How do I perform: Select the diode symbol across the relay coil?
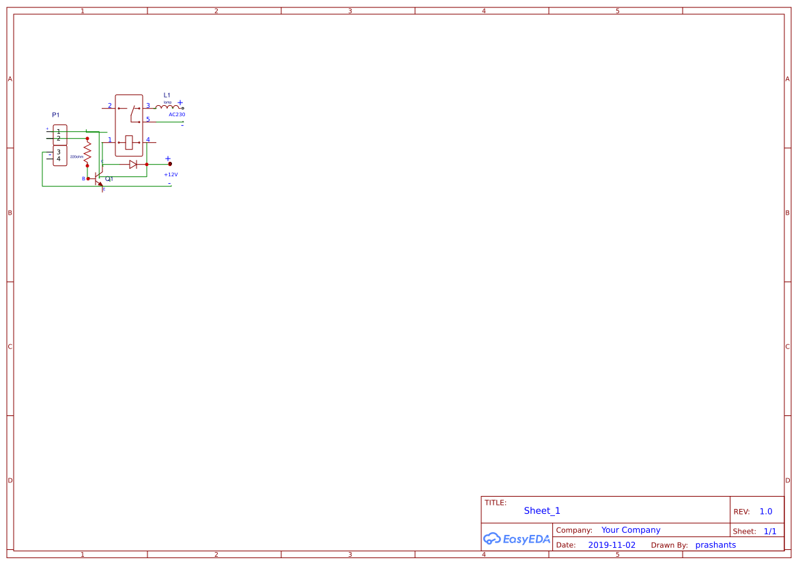pyautogui.click(x=133, y=164)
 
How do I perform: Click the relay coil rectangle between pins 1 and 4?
pyautogui.click(x=129, y=142)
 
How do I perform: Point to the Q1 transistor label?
pyautogui.click(x=109, y=179)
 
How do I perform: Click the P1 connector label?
pyautogui.click(x=56, y=115)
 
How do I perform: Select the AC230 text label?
pyautogui.click(x=177, y=115)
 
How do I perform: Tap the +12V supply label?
pyautogui.click(x=171, y=174)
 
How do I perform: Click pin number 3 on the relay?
pyautogui.click(x=148, y=106)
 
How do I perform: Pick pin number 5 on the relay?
pyautogui.click(x=148, y=120)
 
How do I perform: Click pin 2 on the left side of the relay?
pyautogui.click(x=109, y=106)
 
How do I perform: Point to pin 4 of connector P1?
pyautogui.click(x=59, y=159)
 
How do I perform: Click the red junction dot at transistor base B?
pyautogui.click(x=87, y=178)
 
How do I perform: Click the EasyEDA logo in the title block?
pyautogui.click(x=517, y=538)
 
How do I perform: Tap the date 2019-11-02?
pyautogui.click(x=612, y=545)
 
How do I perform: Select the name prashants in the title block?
pyautogui.click(x=715, y=545)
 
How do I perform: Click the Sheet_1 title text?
pyautogui.click(x=542, y=510)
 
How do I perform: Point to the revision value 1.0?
pyautogui.click(x=766, y=512)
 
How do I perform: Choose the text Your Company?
pyautogui.click(x=631, y=530)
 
